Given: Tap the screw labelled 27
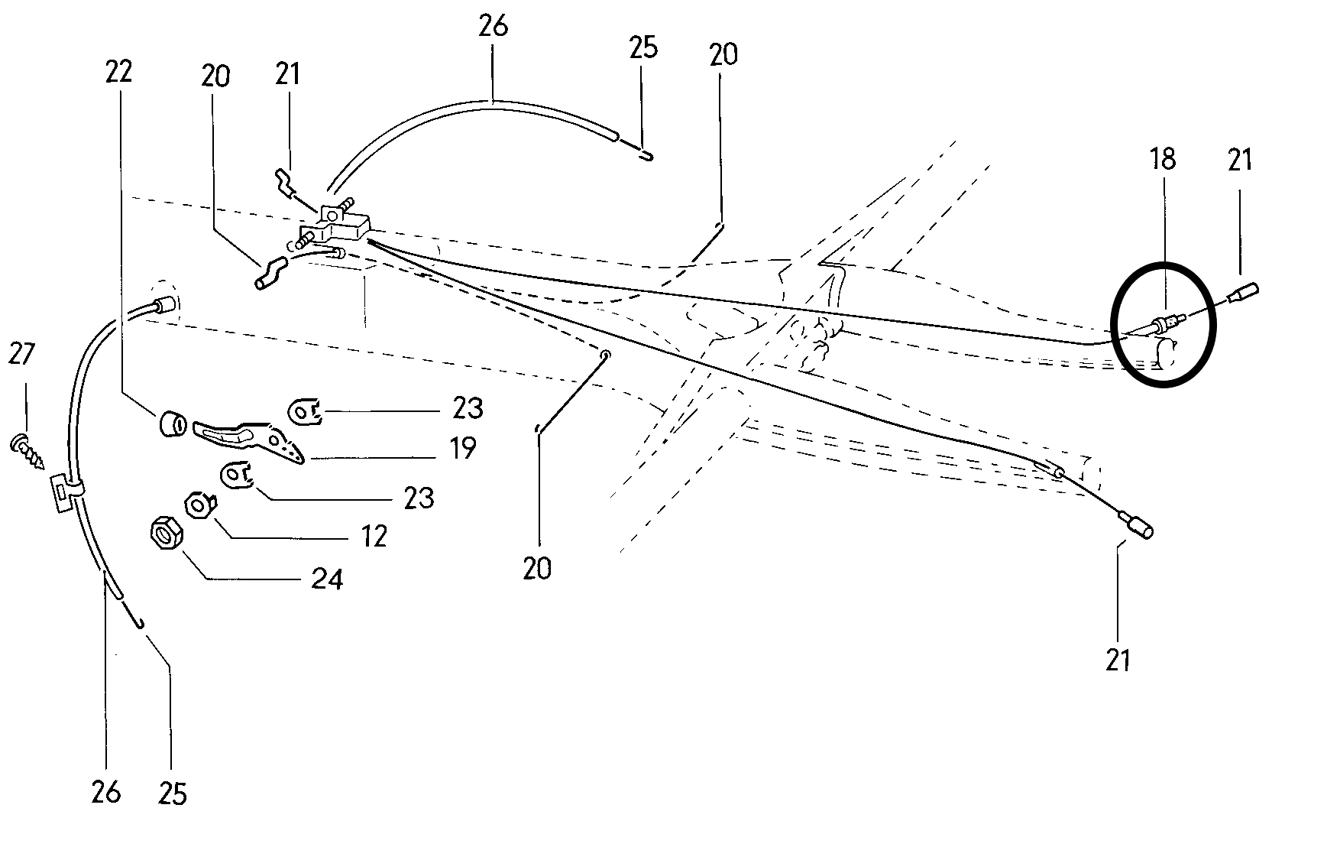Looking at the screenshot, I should click(x=28, y=452).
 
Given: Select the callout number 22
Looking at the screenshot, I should click(x=119, y=72).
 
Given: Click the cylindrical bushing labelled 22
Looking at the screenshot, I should click(x=171, y=423).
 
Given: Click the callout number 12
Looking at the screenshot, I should click(x=374, y=537).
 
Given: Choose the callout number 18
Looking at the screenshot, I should click(x=1162, y=161).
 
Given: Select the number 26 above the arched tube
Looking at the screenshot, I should click(x=493, y=26).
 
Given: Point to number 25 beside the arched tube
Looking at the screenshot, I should click(x=643, y=47).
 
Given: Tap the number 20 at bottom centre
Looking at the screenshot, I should click(x=537, y=569).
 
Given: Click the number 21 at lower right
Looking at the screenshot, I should click(x=1118, y=659).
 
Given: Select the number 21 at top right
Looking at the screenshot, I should click(x=1241, y=161).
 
